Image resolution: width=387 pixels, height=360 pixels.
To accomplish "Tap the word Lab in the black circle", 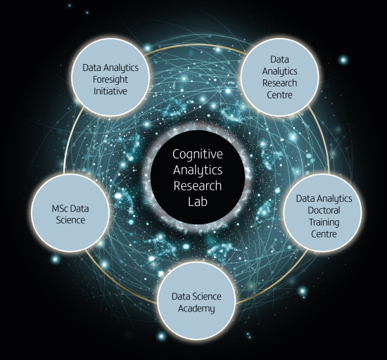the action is pyautogui.click(x=198, y=201).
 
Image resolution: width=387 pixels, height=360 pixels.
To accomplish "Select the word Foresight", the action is pyautogui.click(x=110, y=80).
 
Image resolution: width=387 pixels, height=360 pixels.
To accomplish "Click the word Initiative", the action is pyautogui.click(x=110, y=91).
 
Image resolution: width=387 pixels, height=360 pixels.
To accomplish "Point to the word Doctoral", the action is pyautogui.click(x=324, y=210).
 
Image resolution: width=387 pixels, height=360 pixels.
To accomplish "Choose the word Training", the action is pyautogui.click(x=324, y=223).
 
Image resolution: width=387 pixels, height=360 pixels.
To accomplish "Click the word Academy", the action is pyautogui.click(x=196, y=309).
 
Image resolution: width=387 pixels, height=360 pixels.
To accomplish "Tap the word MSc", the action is pyautogui.click(x=59, y=209).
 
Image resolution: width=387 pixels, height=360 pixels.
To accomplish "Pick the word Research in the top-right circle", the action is pyautogui.click(x=279, y=83).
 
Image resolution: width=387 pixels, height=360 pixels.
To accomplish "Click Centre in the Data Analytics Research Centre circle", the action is pyautogui.click(x=279, y=95).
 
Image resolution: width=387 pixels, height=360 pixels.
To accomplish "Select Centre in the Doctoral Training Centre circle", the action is pyautogui.click(x=324, y=234).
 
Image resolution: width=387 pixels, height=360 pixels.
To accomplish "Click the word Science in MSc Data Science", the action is pyautogui.click(x=70, y=220).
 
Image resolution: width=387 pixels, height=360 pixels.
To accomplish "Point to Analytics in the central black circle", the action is pyautogui.click(x=198, y=171).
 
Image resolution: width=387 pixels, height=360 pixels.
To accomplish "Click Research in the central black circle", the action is pyautogui.click(x=198, y=186).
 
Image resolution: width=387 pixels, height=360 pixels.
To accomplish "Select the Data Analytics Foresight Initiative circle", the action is pyautogui.click(x=110, y=77).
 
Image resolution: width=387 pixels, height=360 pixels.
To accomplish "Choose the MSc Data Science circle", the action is pyautogui.click(x=70, y=212).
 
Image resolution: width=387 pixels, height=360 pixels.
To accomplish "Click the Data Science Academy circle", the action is pyautogui.click(x=196, y=300).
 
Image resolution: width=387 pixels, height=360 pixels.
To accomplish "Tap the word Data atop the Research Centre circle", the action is pyautogui.click(x=279, y=60).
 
